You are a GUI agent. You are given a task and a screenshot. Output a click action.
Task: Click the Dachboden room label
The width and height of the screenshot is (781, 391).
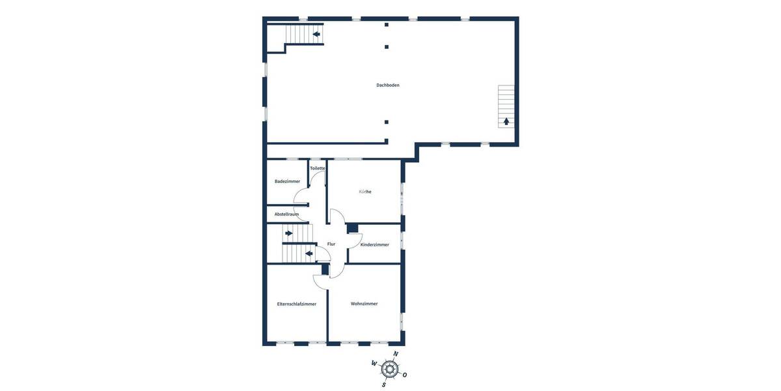(388, 85)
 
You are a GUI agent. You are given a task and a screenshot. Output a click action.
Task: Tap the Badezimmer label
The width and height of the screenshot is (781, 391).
(287, 181)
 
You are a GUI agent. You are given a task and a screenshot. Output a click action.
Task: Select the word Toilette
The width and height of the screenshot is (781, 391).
(318, 168)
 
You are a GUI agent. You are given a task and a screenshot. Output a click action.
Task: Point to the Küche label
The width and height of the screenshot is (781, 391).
(365, 192)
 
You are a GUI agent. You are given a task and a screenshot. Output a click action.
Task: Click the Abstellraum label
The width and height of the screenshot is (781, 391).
(286, 214)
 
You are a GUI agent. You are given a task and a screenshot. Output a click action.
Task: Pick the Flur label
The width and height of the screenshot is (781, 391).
(331, 244)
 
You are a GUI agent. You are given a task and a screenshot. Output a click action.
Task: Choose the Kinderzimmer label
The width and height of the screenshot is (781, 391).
(375, 244)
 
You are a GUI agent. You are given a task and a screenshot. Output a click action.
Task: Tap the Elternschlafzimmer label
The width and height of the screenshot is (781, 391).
(297, 304)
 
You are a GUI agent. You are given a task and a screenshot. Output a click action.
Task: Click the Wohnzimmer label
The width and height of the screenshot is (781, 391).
(364, 304)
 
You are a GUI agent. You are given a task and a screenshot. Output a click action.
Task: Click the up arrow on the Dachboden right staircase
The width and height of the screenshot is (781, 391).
(506, 121)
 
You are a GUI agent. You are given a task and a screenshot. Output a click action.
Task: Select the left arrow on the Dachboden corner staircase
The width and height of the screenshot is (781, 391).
(316, 34)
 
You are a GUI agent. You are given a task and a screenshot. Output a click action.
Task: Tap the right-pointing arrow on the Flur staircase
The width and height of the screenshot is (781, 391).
(288, 233)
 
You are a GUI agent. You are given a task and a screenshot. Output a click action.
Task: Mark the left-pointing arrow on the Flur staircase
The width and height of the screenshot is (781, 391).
(309, 253)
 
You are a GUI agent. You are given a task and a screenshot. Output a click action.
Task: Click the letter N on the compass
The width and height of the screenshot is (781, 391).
(396, 354)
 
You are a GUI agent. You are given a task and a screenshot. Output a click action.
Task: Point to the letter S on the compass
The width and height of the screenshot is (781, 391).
(384, 384)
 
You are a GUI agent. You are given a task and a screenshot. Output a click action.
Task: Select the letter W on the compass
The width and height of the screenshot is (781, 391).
(374, 364)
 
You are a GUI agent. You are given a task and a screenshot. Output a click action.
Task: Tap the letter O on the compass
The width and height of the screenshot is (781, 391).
(405, 375)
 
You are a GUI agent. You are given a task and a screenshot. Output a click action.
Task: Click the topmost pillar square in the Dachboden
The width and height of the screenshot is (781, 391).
(387, 25)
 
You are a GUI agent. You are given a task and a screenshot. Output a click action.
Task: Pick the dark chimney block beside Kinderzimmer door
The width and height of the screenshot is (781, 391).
(353, 227)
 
